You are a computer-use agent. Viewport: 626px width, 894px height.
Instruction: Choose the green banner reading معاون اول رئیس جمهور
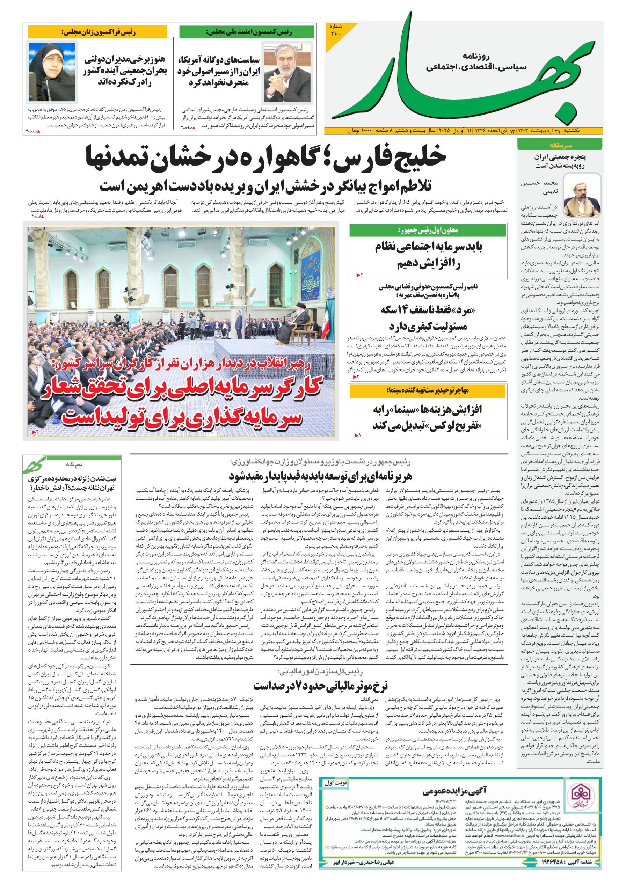click(x=428, y=230)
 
